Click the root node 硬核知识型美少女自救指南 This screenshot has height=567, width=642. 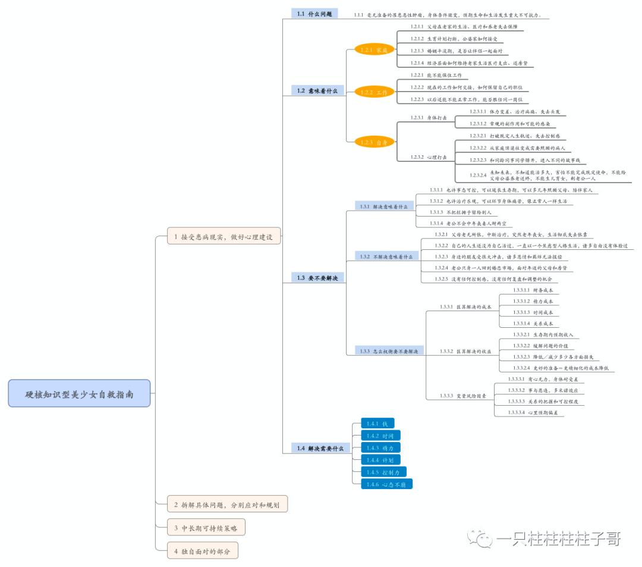[79, 393]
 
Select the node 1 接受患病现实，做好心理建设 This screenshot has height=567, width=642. [224, 236]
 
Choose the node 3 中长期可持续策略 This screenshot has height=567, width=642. [206, 528]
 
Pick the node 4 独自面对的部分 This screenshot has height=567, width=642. [202, 551]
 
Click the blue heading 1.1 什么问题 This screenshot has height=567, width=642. [314, 13]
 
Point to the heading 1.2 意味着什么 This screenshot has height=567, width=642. [317, 90]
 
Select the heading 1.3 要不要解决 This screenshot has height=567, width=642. [317, 277]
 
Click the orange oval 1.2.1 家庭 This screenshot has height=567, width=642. [374, 50]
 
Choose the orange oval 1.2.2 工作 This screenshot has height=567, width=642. [374, 92]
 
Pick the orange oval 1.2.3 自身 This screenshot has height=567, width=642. [374, 142]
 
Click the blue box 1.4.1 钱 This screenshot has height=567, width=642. [377, 423]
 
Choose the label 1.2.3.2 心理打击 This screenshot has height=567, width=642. [425, 157]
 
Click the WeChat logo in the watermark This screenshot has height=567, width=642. [480, 539]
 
